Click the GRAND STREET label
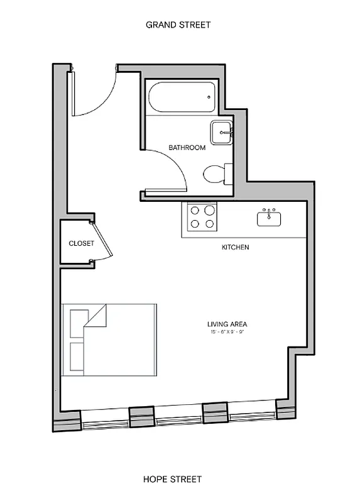pos(178,25)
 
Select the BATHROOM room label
pos(187,148)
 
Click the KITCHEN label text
pos(236,247)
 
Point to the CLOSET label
pos(81,243)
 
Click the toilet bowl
pos(212,173)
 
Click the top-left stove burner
pos(195,211)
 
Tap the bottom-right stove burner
pos(209,223)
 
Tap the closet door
pos(103,241)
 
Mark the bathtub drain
pos(210,97)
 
